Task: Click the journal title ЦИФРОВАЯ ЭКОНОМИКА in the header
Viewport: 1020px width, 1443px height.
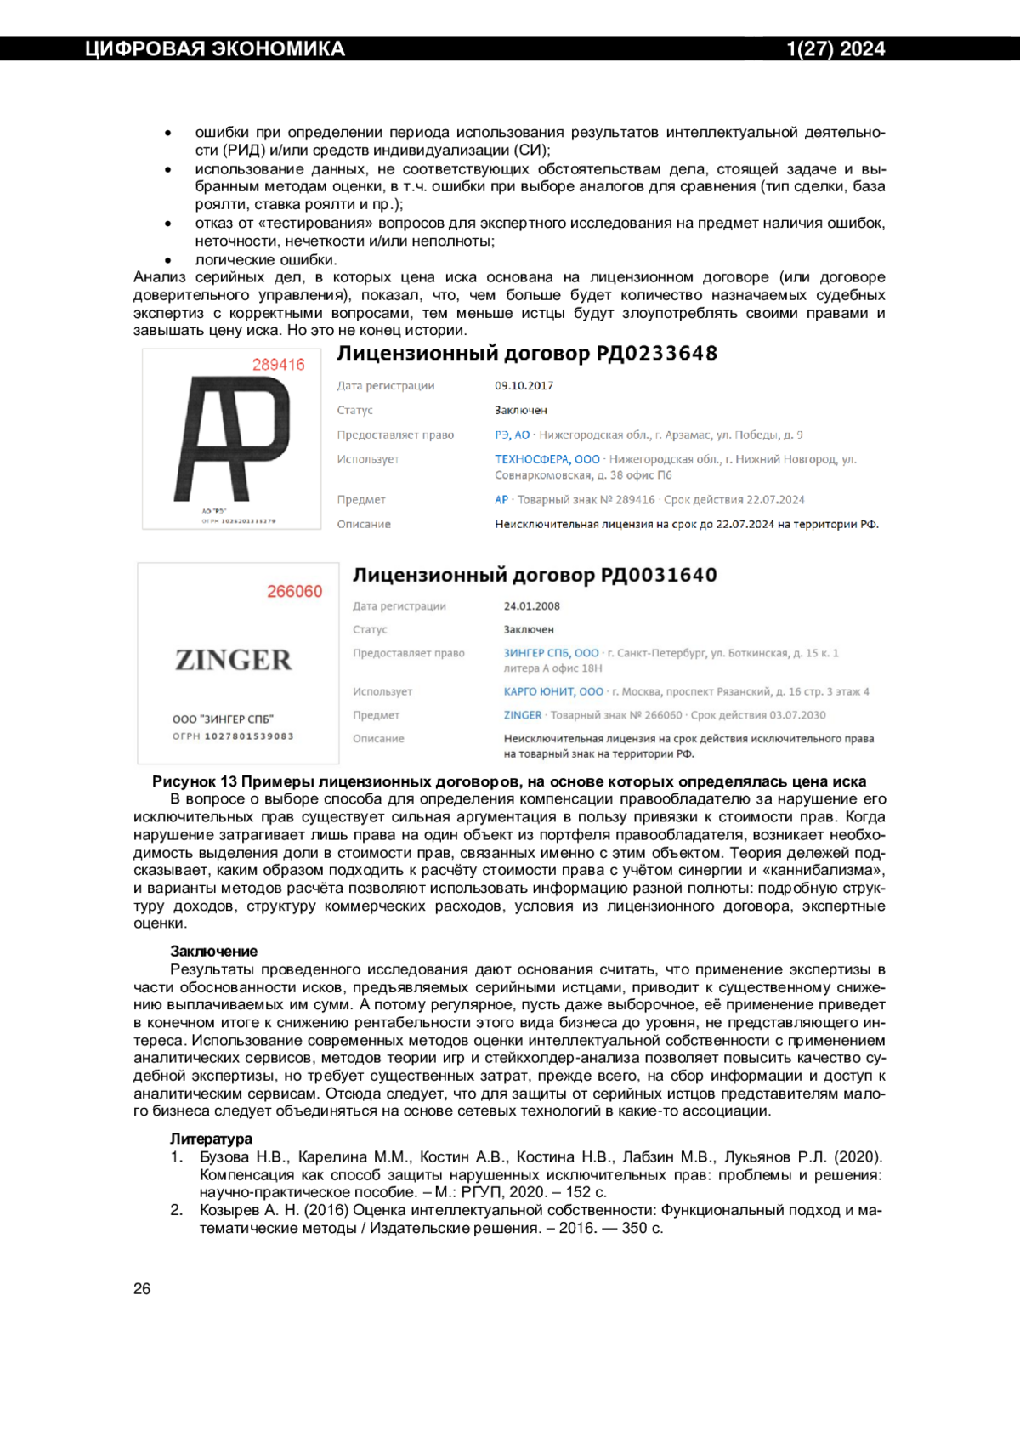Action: tap(214, 49)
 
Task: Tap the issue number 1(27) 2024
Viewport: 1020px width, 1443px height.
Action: tap(836, 49)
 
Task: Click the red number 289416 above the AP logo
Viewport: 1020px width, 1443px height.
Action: tap(278, 365)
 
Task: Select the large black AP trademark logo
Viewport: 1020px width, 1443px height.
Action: tap(232, 438)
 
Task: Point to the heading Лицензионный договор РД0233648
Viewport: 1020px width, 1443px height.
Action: tap(527, 354)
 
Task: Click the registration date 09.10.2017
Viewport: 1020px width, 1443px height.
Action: tap(524, 386)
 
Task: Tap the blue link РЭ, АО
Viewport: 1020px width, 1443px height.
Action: tap(512, 435)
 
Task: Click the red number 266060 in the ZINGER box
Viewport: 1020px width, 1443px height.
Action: tap(294, 592)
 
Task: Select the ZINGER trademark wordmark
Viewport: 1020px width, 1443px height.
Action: tap(233, 660)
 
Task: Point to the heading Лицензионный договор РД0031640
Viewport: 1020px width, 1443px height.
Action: tap(535, 576)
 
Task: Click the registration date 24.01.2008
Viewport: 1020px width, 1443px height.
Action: tap(531, 606)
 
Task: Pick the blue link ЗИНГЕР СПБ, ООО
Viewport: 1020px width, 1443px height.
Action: tap(551, 653)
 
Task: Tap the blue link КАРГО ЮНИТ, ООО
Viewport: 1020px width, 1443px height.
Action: tap(553, 692)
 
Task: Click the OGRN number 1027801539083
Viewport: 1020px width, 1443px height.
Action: tap(249, 736)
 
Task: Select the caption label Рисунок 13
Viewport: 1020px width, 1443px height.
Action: tap(195, 781)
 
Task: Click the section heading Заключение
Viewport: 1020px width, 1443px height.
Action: tap(213, 952)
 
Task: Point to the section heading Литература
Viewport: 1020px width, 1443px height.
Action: tap(211, 1139)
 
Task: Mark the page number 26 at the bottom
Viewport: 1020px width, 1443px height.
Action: tap(142, 1289)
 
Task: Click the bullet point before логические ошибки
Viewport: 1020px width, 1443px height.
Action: tap(168, 261)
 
